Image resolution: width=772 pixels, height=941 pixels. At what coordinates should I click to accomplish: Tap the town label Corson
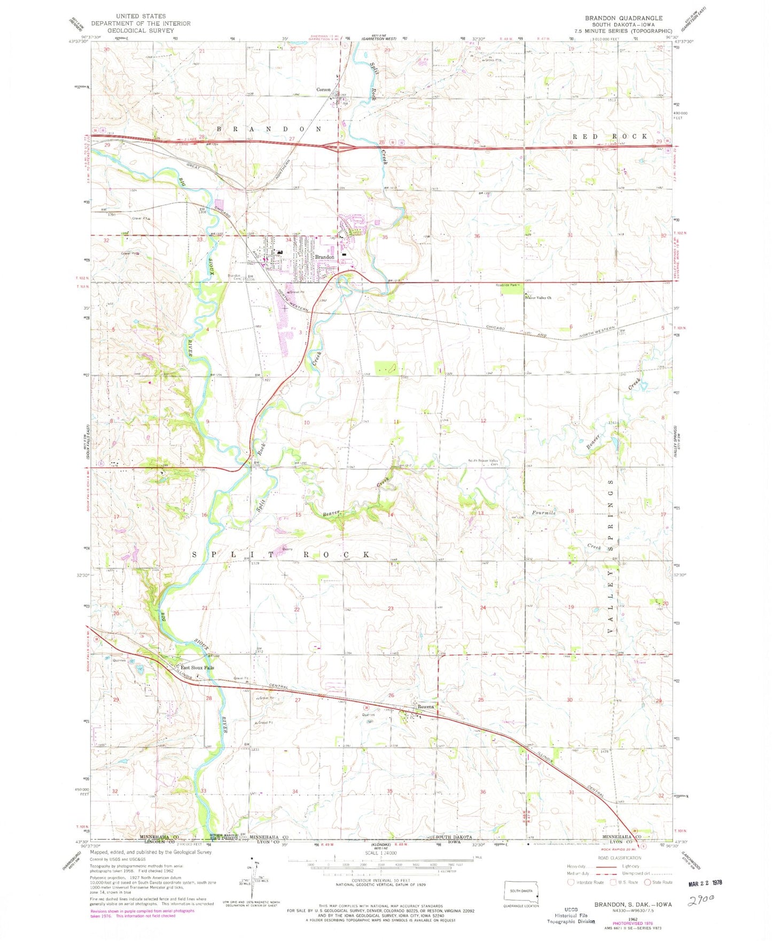click(x=324, y=90)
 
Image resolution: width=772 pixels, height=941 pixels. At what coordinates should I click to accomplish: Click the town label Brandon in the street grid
click(x=325, y=257)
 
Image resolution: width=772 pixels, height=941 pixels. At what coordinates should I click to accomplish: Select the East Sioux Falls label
click(x=197, y=668)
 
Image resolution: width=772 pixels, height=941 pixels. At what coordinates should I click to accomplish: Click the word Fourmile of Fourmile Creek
click(x=544, y=513)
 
